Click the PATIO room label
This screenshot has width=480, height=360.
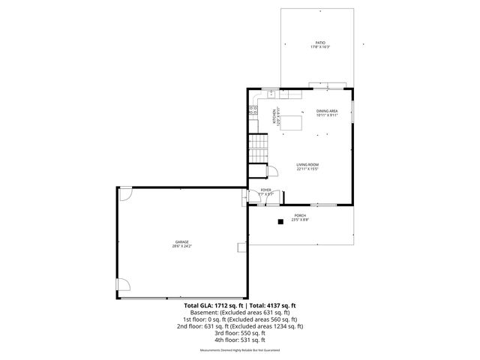click(320, 43)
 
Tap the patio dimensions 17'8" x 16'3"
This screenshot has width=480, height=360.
click(320, 47)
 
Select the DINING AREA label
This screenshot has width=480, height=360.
click(327, 111)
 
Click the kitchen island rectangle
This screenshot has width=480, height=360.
click(291, 121)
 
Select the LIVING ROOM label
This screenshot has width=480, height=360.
click(307, 164)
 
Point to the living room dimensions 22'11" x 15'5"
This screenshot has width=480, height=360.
click(307, 169)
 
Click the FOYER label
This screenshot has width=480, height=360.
click(265, 190)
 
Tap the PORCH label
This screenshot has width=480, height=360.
click(300, 215)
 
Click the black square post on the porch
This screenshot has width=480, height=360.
click(280, 220)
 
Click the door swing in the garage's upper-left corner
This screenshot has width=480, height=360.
click(125, 193)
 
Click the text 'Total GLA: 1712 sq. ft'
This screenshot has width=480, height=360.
click(210, 306)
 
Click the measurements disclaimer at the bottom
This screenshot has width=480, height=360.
click(239, 350)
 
